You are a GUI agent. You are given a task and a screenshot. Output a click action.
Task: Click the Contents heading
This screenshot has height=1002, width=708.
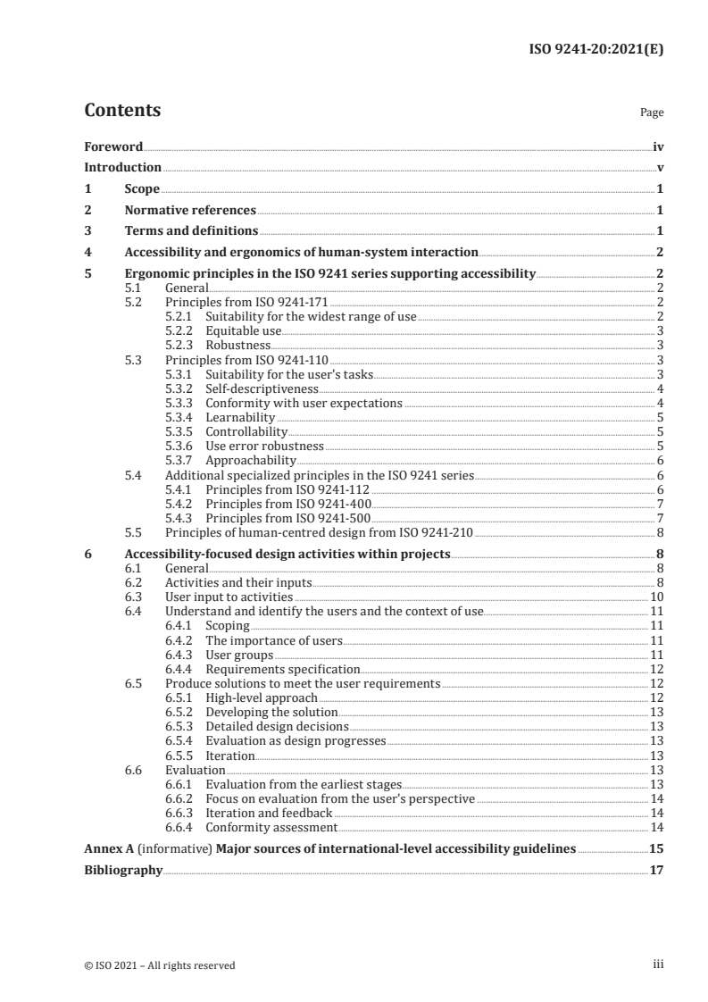122,111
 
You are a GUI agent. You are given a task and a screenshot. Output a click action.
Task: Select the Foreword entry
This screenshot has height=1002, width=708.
113,146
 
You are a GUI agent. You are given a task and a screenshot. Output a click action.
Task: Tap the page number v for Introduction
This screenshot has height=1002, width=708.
660,167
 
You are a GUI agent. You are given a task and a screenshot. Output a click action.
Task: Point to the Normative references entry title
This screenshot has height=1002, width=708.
190,211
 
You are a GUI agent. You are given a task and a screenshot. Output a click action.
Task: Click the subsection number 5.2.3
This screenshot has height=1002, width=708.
181,344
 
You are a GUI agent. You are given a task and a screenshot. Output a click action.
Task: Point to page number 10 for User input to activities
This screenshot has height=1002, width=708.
656,597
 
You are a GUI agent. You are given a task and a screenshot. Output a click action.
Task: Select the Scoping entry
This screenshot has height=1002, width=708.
227,625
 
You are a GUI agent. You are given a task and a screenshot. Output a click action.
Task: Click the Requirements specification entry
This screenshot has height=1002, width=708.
282,669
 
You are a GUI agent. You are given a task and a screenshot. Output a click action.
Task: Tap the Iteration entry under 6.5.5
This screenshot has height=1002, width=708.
229,756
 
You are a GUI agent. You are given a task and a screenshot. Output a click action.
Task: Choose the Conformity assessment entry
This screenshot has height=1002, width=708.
271,827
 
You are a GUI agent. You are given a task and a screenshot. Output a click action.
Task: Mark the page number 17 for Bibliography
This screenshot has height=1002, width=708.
656,870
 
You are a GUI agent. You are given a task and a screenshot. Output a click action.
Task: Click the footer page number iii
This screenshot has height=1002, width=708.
659,964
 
